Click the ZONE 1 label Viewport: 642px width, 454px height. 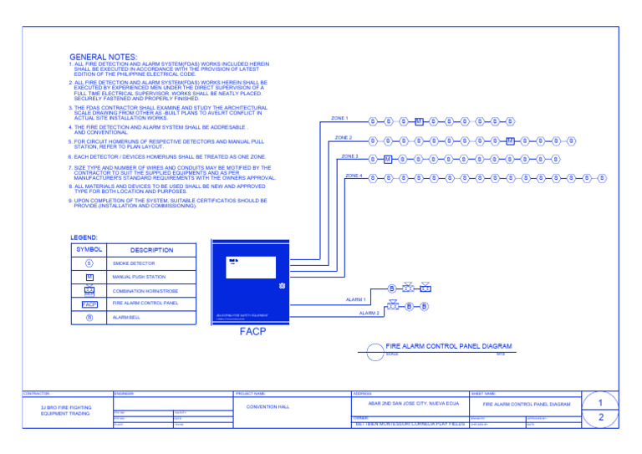pos(339,119)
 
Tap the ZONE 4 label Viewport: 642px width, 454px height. pos(354,176)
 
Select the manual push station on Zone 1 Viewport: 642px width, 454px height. pos(419,121)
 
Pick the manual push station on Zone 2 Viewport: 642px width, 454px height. pos(509,140)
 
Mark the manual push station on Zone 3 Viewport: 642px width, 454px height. pos(388,159)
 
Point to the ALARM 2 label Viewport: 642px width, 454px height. pos(369,313)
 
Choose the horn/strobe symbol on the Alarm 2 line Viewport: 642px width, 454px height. pos(395,307)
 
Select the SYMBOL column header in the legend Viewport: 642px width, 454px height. pos(89,250)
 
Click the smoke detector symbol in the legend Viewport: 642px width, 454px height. pos(89,263)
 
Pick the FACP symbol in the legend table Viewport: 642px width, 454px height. pos(89,304)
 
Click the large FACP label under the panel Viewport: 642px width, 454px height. pos(252,333)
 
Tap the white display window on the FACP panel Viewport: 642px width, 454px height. pos(252,268)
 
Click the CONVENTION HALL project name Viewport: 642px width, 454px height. pos(268,406)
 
